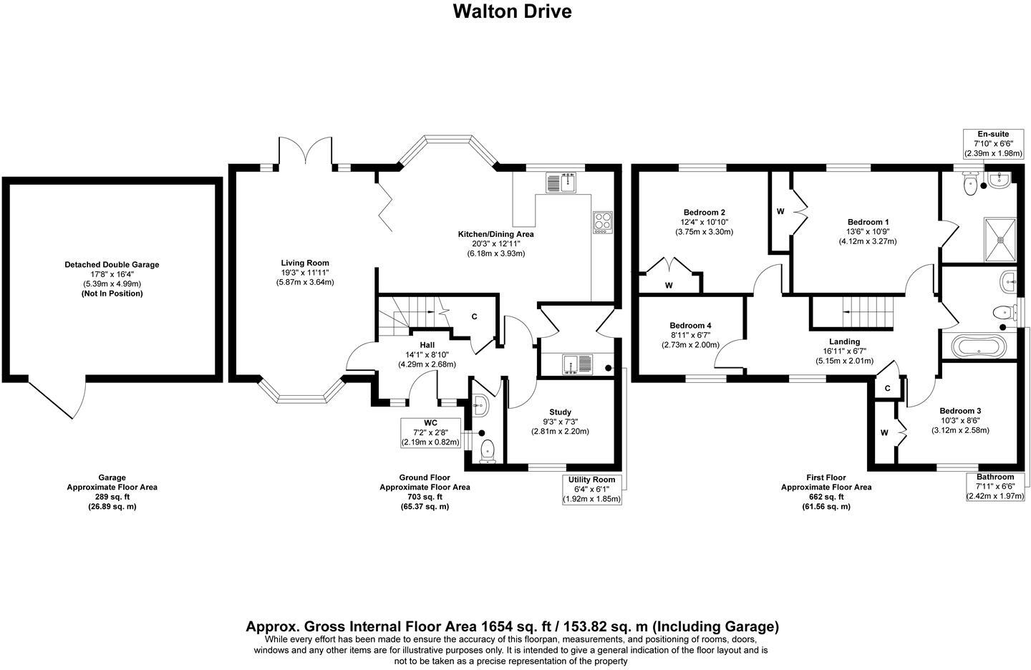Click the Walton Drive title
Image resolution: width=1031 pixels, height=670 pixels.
coord(512,11)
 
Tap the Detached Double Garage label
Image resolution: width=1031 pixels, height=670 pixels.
coord(112,265)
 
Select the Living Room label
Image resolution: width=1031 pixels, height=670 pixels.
coord(305,263)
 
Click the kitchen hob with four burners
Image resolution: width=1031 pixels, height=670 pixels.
coord(601,223)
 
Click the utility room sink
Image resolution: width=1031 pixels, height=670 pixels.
coord(577,364)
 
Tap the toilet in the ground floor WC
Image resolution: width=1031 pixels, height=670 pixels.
coord(488,450)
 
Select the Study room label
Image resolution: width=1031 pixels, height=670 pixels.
coord(560,412)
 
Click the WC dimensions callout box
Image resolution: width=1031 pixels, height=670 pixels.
coord(430,433)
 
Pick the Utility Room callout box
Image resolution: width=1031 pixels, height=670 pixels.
coord(591,489)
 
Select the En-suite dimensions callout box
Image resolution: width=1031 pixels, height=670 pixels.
coord(993,143)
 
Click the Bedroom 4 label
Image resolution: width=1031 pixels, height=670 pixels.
coord(690,326)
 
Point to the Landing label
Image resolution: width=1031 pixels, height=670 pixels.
coord(844,342)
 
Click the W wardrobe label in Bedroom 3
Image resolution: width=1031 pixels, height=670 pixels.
coord(884,432)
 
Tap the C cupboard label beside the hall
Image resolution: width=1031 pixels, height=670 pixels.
coord(474,317)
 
